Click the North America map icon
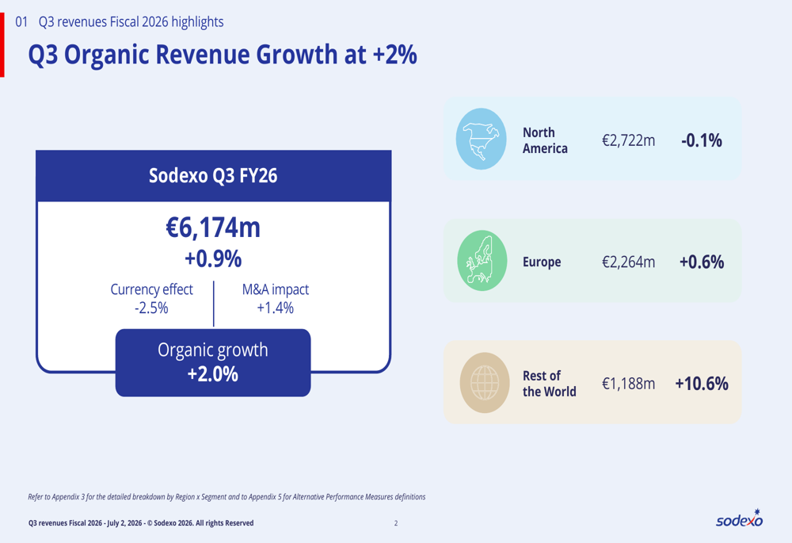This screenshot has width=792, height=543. (x=481, y=139)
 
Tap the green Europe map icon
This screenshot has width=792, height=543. (x=482, y=260)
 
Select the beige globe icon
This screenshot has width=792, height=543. (x=485, y=383)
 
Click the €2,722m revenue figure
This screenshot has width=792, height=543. (x=628, y=140)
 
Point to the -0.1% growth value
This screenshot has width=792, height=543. (x=702, y=140)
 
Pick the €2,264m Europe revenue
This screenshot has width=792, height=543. (x=628, y=262)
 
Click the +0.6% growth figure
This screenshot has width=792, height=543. (x=702, y=262)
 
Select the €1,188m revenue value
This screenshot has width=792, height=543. (x=628, y=384)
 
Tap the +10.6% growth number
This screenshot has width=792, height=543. (x=702, y=384)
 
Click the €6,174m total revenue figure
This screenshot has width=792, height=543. (x=213, y=228)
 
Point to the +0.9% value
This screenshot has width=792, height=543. (x=213, y=259)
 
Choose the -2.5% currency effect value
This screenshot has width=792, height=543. (x=151, y=308)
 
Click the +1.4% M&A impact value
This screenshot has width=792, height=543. (x=276, y=308)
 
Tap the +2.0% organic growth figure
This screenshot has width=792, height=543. (x=212, y=374)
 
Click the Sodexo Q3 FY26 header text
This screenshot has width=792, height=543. (x=213, y=175)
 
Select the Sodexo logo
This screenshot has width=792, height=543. (x=740, y=518)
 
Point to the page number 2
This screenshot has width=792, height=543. (x=396, y=523)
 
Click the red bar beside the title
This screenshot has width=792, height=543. (x=2, y=45)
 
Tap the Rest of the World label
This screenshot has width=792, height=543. (x=549, y=384)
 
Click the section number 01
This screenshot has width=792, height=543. (x=21, y=21)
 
